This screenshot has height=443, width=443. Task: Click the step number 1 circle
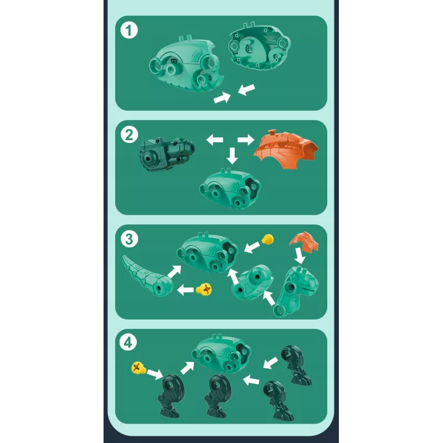coord(129,30)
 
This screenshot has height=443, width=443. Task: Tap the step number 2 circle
coord(129,135)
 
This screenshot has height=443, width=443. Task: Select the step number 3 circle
coord(129,239)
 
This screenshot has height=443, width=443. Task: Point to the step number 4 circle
coord(128,343)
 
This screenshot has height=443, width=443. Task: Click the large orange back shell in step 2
coord(285,149)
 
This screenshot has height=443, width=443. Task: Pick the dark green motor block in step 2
coord(167,154)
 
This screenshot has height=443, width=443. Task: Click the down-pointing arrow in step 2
coord(232,156)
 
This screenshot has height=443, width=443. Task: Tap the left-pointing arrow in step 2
coord(215,140)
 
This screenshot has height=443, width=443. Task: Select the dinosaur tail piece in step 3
coord(146,276)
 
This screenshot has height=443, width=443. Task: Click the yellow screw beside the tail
coord(204,290)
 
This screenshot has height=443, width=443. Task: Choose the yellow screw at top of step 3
coord(267,239)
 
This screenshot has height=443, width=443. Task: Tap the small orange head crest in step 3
coord(304,242)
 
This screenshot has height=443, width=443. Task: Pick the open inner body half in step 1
coord(259,47)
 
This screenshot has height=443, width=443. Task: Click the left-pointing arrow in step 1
coord(246,90)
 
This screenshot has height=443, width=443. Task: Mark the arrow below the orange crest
coord(300,256)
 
